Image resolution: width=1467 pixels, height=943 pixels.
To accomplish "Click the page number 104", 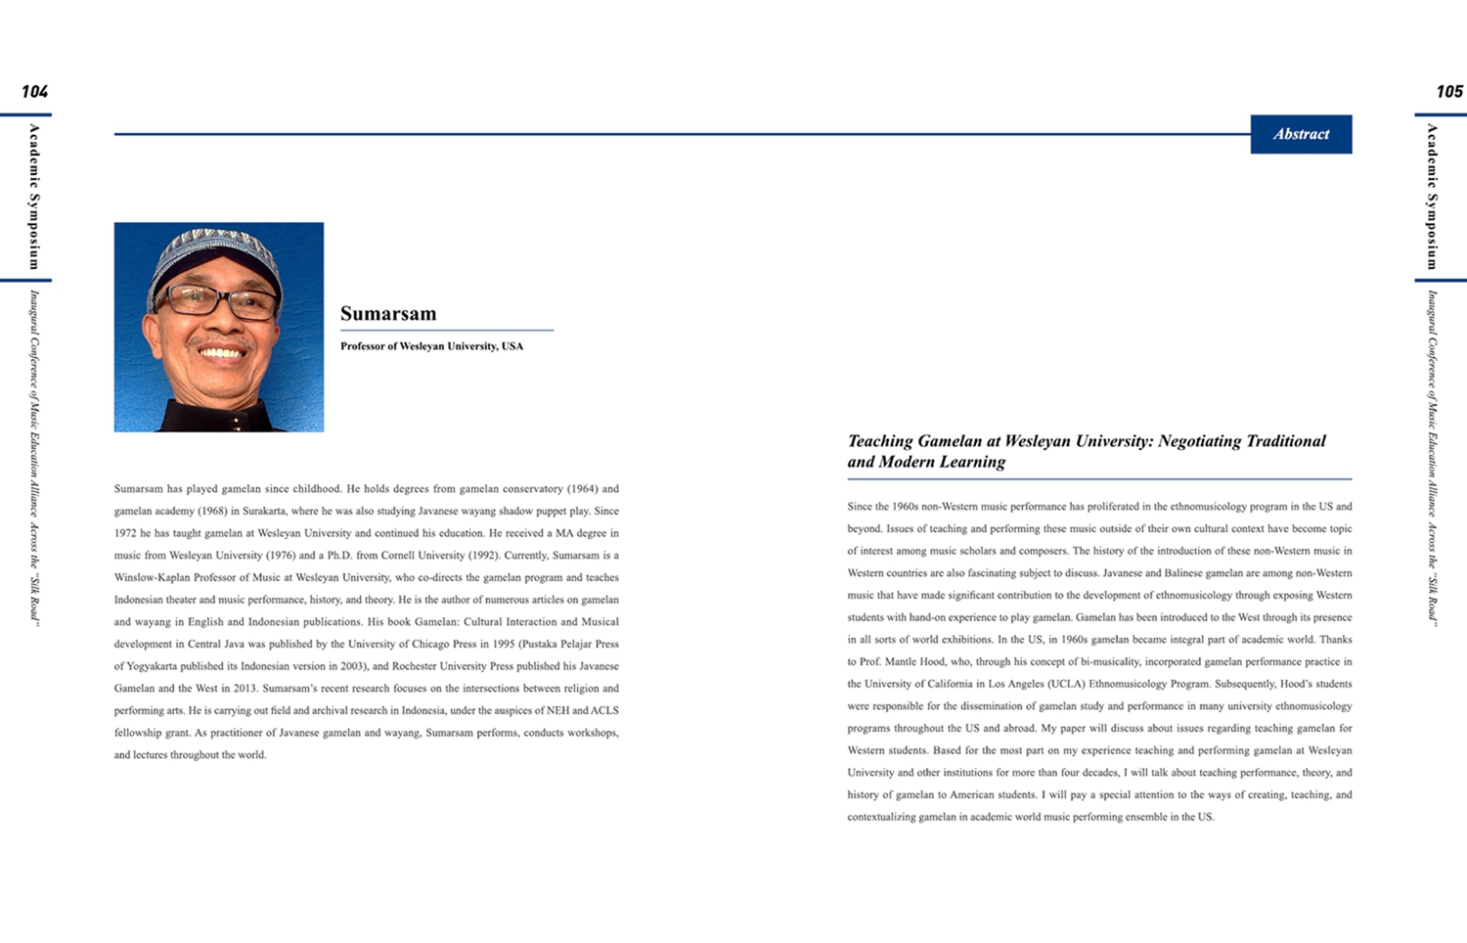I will pos(34,91).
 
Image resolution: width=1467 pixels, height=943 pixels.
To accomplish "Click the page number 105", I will pos(1449,91).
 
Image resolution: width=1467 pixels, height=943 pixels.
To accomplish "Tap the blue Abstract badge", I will pos(1301,134).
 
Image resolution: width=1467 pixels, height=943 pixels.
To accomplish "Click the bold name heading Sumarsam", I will pos(388,313).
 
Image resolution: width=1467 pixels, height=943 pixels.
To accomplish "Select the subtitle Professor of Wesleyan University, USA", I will pos(431,346).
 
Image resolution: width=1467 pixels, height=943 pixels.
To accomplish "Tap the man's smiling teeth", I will pos(223,353).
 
